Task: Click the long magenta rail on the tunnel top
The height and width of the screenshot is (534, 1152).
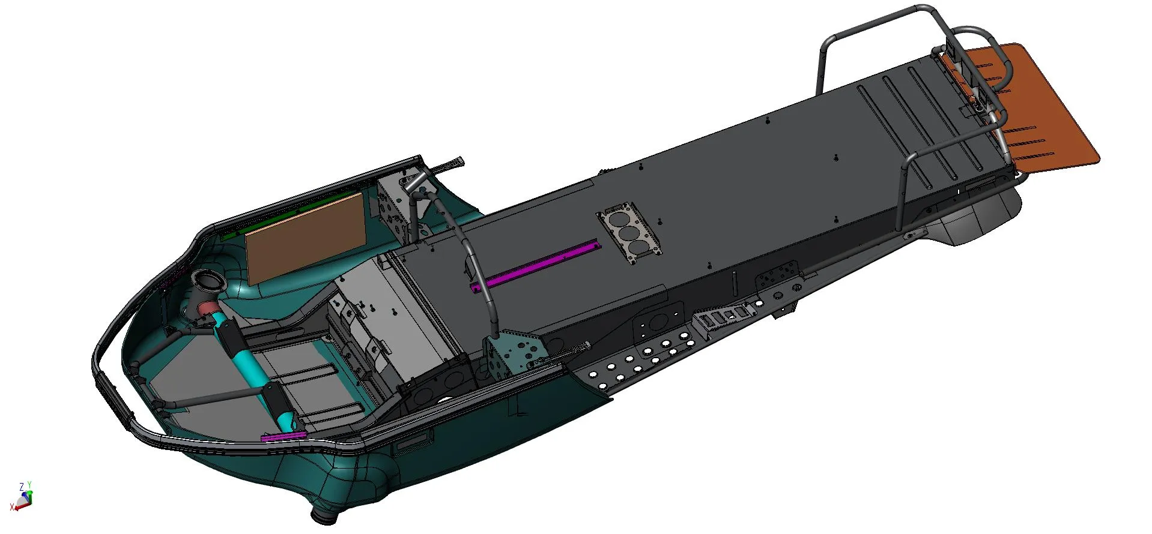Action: pos(536,265)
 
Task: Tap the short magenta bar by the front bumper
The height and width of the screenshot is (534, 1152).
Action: pos(283,436)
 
